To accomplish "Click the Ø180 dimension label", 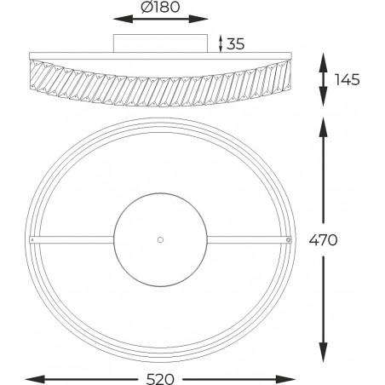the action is pyautogui.click(x=160, y=7).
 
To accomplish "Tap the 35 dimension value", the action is pyautogui.click(x=236, y=44).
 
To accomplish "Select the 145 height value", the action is pyautogui.click(x=348, y=80).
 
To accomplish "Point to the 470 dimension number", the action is pyautogui.click(x=324, y=240).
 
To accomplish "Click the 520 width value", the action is pyautogui.click(x=160, y=379).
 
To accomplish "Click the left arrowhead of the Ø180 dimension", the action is pyautogui.click(x=123, y=20).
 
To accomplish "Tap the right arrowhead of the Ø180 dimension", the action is pyautogui.click(x=198, y=20).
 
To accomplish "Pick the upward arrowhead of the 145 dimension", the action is pyautogui.click(x=323, y=63).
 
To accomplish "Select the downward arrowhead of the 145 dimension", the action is pyautogui.click(x=323, y=96).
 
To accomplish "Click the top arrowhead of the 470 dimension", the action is pyautogui.click(x=323, y=128).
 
